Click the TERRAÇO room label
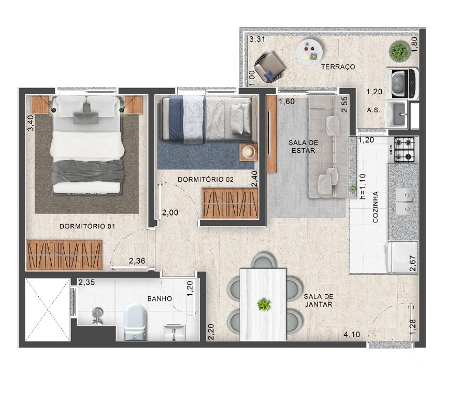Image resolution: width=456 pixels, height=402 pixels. coord(338,67)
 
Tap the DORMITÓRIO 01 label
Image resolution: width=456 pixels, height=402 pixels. coord(87,226)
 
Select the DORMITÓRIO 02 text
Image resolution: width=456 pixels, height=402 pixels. coord(206,180)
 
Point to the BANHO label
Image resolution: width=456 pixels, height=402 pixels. coord(159,299)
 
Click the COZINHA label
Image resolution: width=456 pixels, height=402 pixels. coord(375,207)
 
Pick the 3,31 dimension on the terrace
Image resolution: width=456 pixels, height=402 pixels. coord(257,39)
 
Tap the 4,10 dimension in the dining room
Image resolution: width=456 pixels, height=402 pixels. coord(352,334)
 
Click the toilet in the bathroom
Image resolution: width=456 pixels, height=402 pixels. coord(135,322)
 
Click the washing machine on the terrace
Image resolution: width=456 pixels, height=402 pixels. coord(402,83)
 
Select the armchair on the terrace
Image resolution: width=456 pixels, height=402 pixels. coord(269,67)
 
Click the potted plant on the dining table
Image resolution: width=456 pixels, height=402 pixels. coord(264,305)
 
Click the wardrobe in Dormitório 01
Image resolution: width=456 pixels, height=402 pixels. coord(64,255)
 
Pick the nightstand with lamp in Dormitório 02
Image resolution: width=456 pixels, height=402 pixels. coord(248,152)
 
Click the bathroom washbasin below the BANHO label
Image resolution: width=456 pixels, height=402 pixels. coord(174,332)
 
